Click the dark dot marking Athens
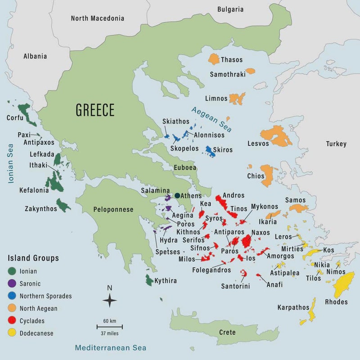(x=177, y=196)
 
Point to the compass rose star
(x=110, y=300)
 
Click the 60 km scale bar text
(x=110, y=321)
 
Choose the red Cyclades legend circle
(x=12, y=321)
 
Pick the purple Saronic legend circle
(x=12, y=283)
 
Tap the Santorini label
(x=235, y=286)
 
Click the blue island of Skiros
(x=210, y=151)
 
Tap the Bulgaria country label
(x=230, y=9)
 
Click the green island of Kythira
(x=149, y=280)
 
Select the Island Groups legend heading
(x=33, y=258)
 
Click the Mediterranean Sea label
(x=111, y=348)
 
